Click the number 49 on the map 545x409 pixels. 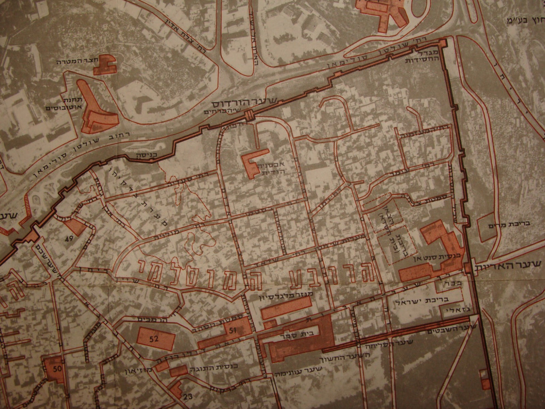point(69,239)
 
